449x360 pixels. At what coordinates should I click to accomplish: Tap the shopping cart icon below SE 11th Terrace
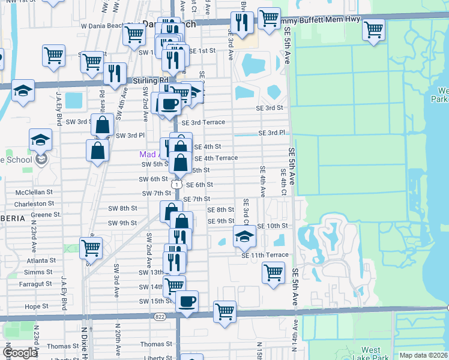tap(273, 272)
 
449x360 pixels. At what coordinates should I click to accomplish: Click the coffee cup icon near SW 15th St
tap(187, 301)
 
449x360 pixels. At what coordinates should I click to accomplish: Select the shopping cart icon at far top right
tap(373, 29)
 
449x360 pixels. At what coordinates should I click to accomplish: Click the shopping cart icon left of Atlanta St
tap(91, 247)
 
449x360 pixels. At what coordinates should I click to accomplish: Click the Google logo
tap(20, 353)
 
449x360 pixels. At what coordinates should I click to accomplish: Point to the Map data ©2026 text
tap(423, 355)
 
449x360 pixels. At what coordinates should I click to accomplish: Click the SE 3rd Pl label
tap(272, 133)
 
